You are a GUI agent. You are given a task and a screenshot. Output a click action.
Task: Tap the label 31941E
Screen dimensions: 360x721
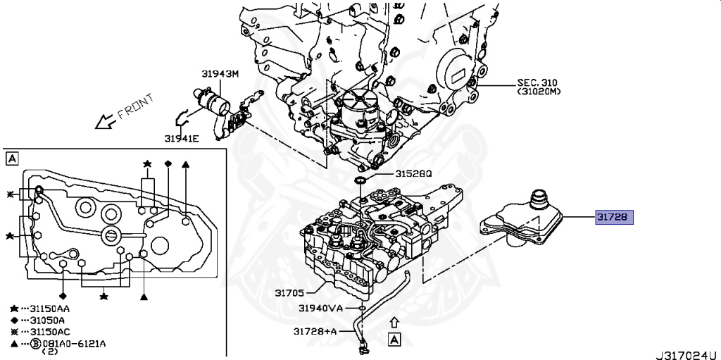tap(182, 138)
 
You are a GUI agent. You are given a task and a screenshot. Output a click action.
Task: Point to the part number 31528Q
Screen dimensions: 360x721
tap(413, 173)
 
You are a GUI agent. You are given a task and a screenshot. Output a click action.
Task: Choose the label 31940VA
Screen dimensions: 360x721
tap(320, 308)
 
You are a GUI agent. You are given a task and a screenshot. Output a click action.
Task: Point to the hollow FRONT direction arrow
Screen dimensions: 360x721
tap(106, 121)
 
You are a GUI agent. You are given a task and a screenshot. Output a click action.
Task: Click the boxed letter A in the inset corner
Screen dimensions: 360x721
tap(11, 159)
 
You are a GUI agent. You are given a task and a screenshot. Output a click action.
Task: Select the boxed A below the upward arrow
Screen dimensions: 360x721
tap(394, 340)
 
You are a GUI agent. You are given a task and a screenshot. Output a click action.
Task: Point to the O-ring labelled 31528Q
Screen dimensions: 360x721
tap(360, 182)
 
